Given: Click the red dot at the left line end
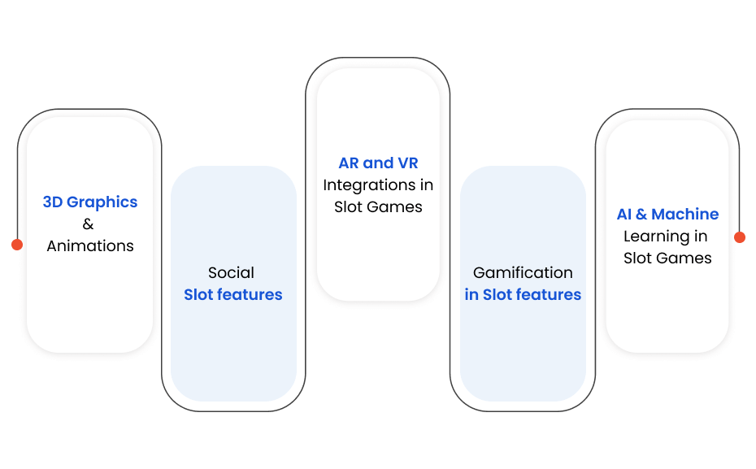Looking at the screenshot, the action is coord(17,245).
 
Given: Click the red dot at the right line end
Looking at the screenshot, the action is coord(740,237).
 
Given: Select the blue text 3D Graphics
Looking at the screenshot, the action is coord(89,202).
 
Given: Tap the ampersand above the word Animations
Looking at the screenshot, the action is coord(88,224).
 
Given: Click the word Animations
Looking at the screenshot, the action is coord(90,245).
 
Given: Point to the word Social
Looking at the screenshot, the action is coord(231,272).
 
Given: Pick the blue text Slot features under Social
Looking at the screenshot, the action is coord(232,294).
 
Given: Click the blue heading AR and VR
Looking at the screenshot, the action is coord(378,163).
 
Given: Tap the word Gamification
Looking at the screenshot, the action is coord(523,272).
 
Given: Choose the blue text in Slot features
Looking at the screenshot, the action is coord(523,294).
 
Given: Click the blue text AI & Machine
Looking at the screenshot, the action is coord(667,214).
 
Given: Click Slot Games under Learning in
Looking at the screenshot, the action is coord(667,258).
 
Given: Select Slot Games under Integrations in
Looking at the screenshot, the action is coord(378,206).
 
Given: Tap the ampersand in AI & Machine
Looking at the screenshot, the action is coord(641,214).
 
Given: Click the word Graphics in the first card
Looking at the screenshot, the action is coord(102,202).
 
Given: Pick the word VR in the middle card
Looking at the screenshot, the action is coord(408,163).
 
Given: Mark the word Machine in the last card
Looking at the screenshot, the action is coord(685,214).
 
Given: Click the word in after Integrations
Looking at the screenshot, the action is coord(427,185).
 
